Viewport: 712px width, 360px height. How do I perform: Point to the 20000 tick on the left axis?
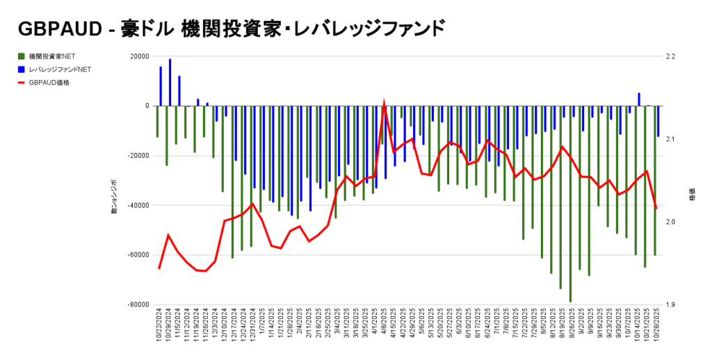click(x=139, y=56)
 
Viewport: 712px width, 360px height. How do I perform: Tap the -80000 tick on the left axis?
click(x=138, y=304)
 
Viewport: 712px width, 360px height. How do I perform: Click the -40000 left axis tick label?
click(x=138, y=205)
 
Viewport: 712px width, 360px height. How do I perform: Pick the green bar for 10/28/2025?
click(x=654, y=180)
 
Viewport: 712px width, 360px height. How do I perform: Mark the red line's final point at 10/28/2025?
click(x=656, y=208)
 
